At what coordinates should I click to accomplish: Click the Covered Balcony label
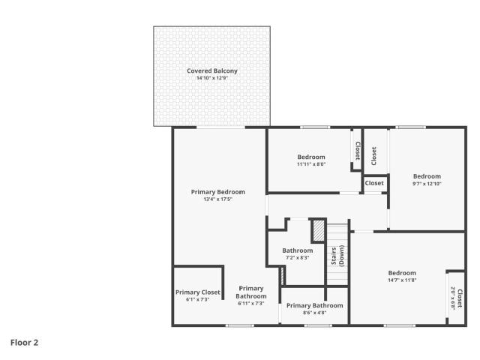click(x=212, y=70)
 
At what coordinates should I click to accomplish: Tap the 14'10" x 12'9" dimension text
click(x=212, y=78)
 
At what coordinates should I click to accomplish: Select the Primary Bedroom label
click(x=218, y=192)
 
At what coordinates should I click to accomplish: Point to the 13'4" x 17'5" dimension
click(x=218, y=199)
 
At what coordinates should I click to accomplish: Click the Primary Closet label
click(x=198, y=292)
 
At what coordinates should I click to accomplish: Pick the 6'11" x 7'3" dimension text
click(x=251, y=303)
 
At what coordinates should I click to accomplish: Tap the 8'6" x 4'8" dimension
click(x=315, y=313)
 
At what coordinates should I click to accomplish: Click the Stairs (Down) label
click(x=337, y=256)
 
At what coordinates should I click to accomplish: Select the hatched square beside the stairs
click(x=318, y=231)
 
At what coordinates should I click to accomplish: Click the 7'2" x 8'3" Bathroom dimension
click(x=298, y=258)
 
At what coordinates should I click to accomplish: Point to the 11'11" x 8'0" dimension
click(x=311, y=164)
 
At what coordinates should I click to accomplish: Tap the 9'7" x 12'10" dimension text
click(x=427, y=184)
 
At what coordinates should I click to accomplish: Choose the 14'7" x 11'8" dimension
click(x=402, y=280)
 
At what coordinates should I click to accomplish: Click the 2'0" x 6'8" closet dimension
click(x=453, y=298)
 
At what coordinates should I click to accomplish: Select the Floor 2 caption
click(x=25, y=343)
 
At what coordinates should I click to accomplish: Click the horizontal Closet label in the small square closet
click(x=374, y=183)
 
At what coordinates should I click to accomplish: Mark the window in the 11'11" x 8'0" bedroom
click(x=315, y=127)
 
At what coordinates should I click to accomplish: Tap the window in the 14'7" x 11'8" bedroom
click(x=400, y=325)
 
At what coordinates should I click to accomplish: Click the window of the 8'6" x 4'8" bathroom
click(x=318, y=325)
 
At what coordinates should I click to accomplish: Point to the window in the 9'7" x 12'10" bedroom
click(x=410, y=127)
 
